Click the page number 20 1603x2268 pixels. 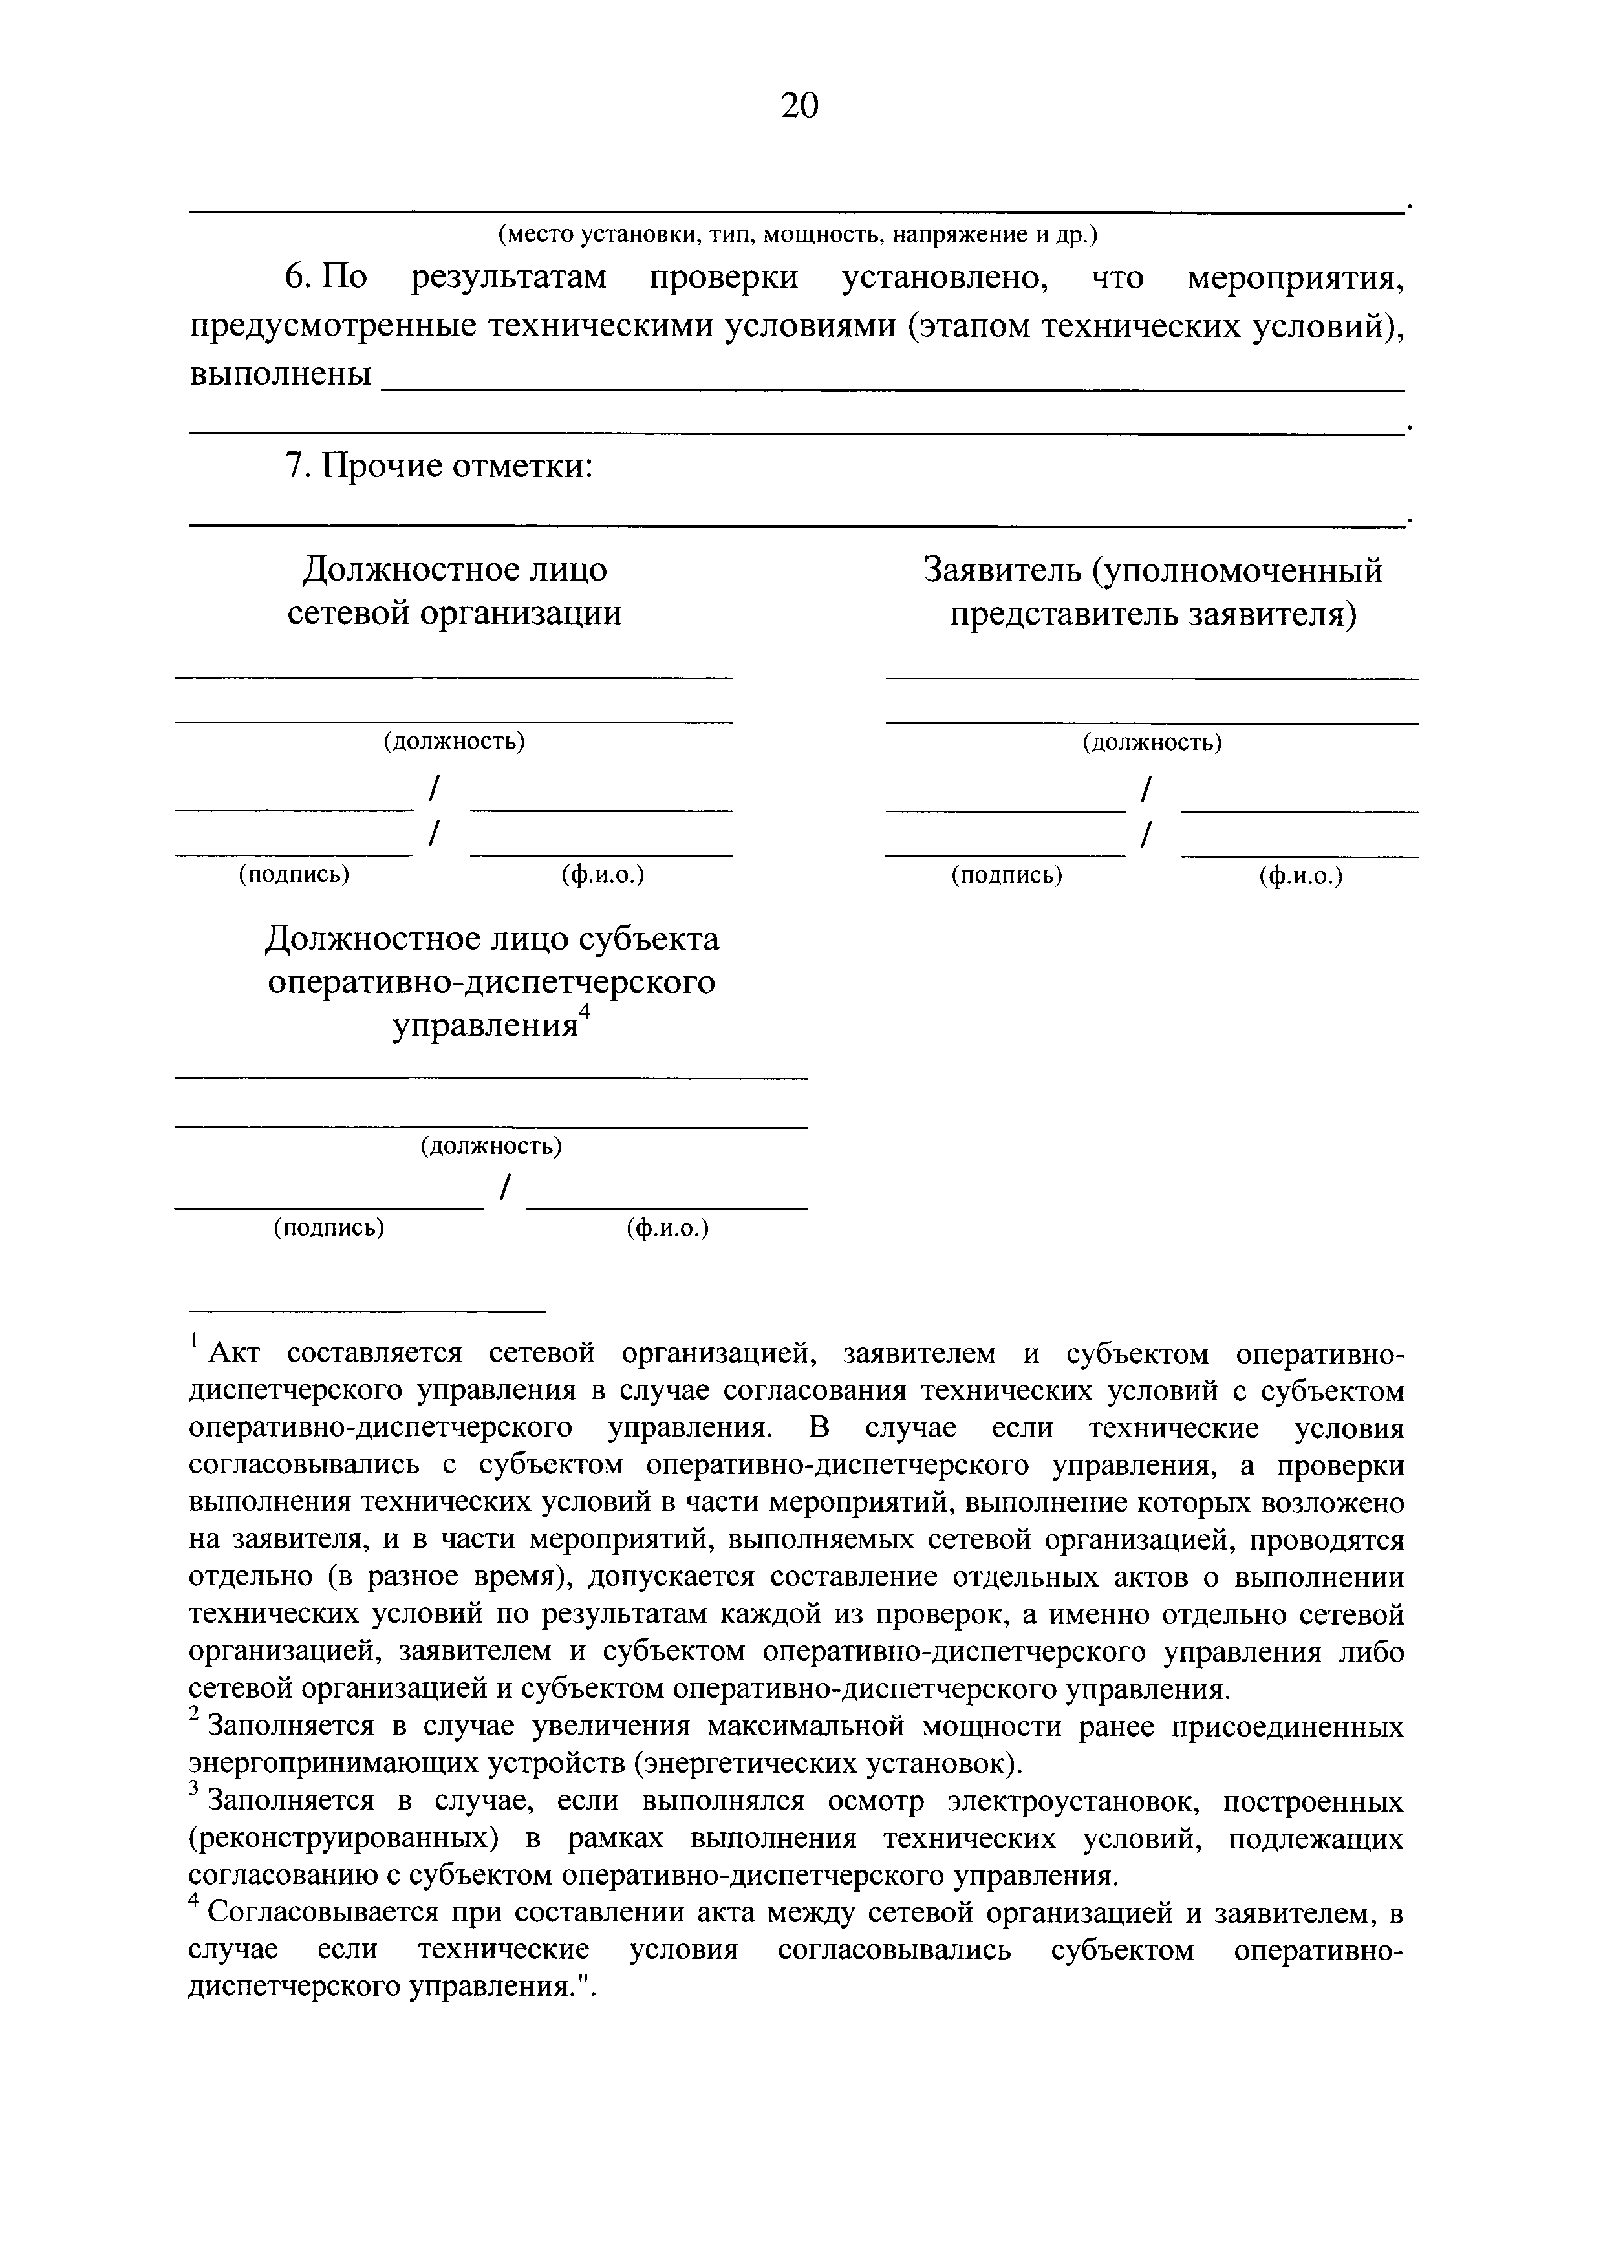(799, 105)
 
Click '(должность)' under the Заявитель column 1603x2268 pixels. (1152, 743)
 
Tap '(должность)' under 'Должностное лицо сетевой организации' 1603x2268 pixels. (455, 742)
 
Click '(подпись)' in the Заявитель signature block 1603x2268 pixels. (1006, 876)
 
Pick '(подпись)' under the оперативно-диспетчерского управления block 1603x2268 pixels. (329, 1228)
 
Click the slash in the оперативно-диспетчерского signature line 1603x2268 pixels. (505, 1188)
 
